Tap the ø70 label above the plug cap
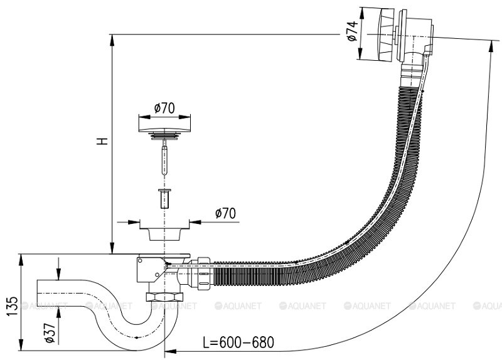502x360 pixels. coord(164,107)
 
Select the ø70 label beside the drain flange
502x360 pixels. coord(225,213)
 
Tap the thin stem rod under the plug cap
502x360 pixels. coord(164,157)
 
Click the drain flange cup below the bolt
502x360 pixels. coord(164,231)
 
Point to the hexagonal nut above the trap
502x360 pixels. coord(164,297)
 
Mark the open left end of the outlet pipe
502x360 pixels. coord(39,292)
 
